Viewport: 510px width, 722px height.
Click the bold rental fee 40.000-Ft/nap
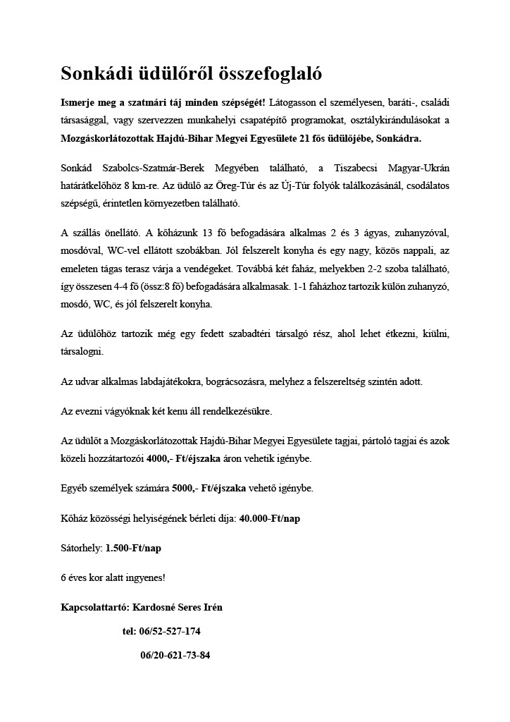(270, 518)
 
